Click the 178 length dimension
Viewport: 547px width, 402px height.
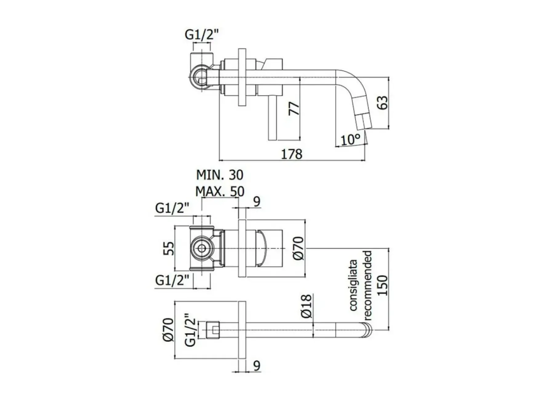(x=292, y=154)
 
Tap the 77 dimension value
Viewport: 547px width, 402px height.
(x=294, y=108)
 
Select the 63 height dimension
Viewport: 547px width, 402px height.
(x=382, y=103)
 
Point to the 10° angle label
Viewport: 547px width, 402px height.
(x=350, y=140)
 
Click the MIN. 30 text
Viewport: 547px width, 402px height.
(x=220, y=175)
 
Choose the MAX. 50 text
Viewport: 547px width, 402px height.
(x=220, y=192)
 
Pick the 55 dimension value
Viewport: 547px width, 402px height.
(x=169, y=248)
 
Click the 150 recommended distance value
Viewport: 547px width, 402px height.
(x=383, y=285)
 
